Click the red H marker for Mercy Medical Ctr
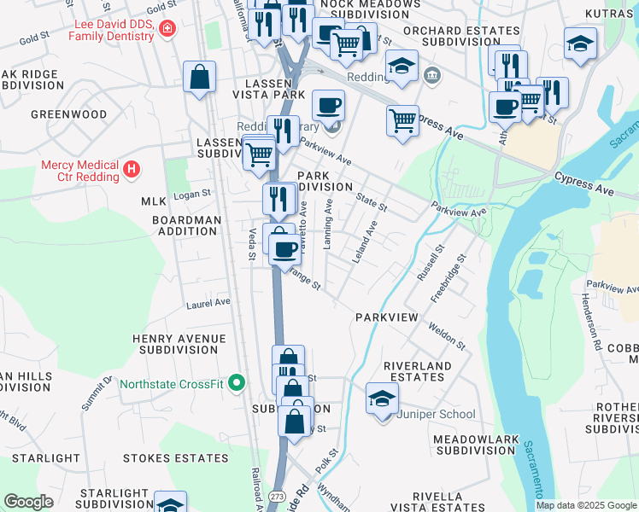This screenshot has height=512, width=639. pos(131,169)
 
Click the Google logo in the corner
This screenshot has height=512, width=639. pos(28,502)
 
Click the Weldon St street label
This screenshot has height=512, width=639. pos(447,335)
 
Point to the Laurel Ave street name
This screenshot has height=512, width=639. pos(208,302)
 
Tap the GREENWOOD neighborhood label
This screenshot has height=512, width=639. pos(68,113)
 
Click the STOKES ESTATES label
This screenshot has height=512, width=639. pos(175,458)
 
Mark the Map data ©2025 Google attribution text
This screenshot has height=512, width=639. pos(586,505)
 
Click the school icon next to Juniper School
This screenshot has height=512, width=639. pos(382,398)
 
